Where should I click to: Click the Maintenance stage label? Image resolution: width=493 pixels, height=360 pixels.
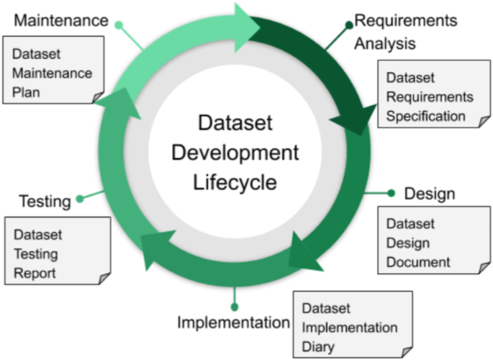click(x=60, y=22)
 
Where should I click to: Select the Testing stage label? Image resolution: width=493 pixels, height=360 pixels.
click(x=45, y=201)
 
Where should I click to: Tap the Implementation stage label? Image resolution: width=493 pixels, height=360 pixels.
click(x=233, y=323)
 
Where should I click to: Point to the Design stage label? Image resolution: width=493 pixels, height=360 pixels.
click(x=429, y=194)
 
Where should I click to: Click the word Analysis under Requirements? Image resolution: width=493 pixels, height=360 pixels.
click(x=384, y=43)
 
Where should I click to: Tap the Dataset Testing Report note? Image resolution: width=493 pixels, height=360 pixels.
click(x=57, y=254)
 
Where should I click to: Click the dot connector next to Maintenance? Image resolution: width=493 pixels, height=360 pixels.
click(x=119, y=24)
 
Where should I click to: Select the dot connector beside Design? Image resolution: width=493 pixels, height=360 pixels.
click(x=391, y=193)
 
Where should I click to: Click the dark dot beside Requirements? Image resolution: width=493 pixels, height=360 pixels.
click(x=349, y=24)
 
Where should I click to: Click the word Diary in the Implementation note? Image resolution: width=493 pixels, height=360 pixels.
click(x=318, y=347)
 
